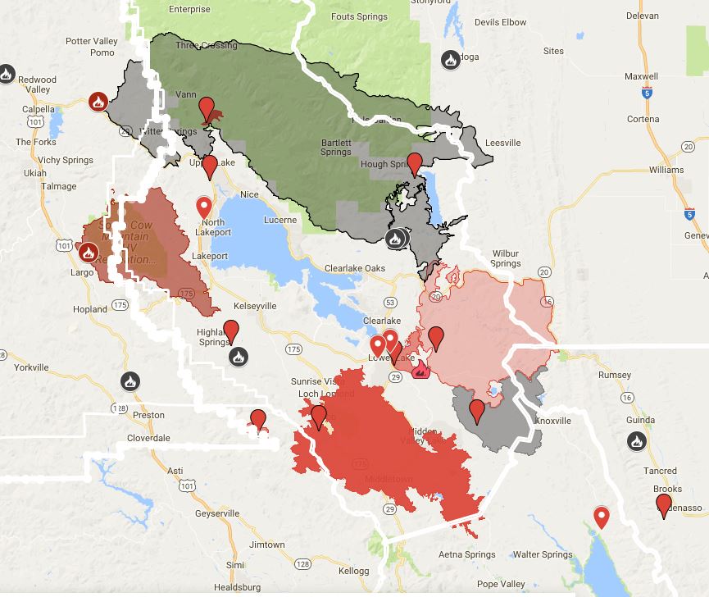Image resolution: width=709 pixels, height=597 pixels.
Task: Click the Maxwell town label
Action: coord(641,77)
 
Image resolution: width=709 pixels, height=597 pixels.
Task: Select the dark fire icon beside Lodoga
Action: coord(450,59)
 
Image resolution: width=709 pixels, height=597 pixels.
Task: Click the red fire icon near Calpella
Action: coord(98,103)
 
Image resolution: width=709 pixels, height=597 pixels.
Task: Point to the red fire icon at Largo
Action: coord(87,250)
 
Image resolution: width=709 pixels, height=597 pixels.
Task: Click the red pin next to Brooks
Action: coord(664,504)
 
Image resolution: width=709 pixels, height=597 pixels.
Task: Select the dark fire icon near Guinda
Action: coord(636,441)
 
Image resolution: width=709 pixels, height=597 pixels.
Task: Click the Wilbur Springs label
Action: coord(506,258)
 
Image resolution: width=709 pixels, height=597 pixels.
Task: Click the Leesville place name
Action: coord(502,143)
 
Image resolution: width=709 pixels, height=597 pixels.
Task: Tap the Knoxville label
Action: coord(552,420)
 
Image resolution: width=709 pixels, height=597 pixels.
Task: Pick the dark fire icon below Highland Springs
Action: coord(238,357)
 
